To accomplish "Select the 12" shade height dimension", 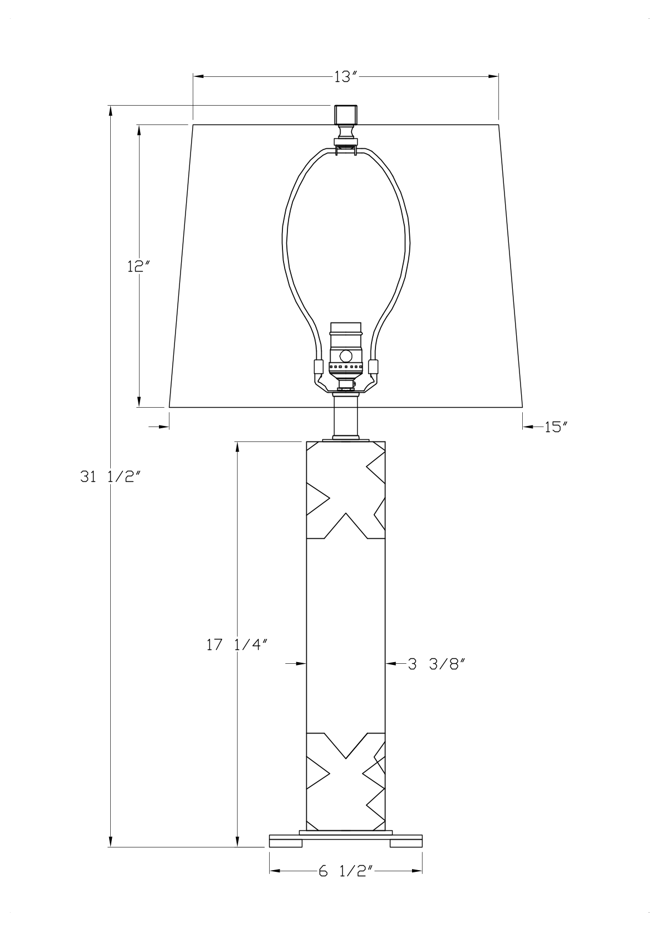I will tap(138, 267).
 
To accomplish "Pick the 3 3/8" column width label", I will tap(435, 664).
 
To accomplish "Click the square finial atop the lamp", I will tap(345, 115).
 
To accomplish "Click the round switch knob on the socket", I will tap(346, 356).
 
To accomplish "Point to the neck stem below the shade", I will tap(346, 418).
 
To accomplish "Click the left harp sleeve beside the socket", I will tap(318, 367).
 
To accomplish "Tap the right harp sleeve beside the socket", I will tap(374, 367).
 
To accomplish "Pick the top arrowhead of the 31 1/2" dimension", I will tap(111, 110).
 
